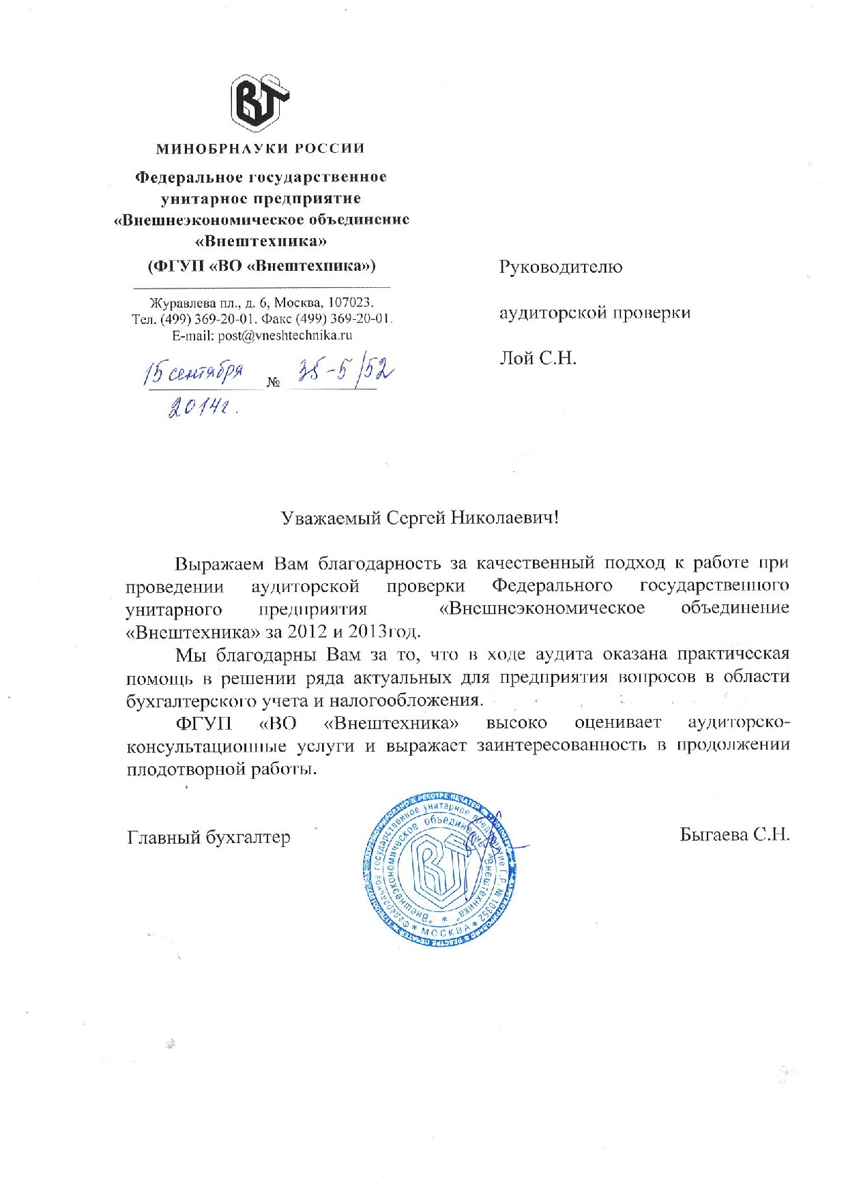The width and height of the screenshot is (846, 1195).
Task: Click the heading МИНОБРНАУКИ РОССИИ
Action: [x=261, y=149]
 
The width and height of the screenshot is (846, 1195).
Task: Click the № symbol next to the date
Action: [x=274, y=383]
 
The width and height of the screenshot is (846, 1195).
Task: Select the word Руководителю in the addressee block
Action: [x=560, y=267]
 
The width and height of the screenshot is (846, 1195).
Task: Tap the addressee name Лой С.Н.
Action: [x=538, y=357]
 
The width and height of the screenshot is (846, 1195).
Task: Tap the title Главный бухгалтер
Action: [x=209, y=836]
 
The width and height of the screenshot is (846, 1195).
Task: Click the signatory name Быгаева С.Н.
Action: [x=734, y=834]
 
